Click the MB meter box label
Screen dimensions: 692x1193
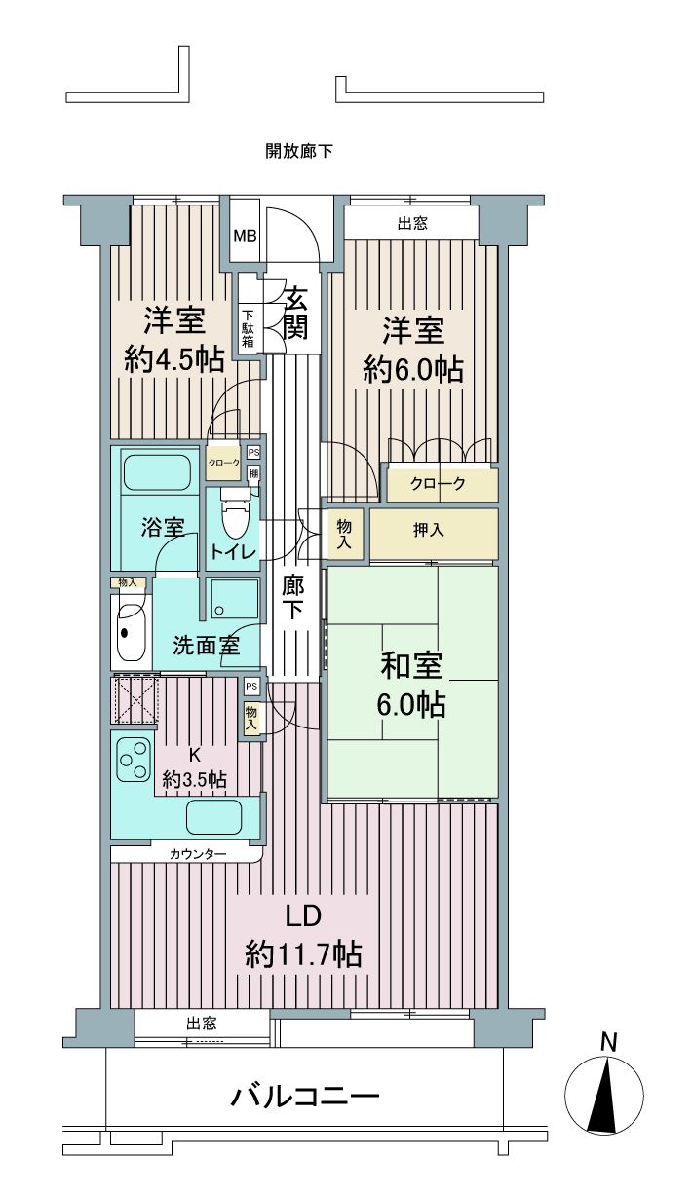[246, 236]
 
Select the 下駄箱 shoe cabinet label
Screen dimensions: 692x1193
[248, 328]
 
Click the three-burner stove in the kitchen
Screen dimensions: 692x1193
[134, 760]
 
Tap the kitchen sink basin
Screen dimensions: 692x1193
[213, 816]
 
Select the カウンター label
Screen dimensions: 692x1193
[198, 855]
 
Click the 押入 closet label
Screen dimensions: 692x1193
[429, 530]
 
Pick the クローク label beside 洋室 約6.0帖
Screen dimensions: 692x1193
[438, 484]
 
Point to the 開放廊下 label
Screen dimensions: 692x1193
[299, 151]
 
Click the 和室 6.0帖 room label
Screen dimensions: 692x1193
[411, 686]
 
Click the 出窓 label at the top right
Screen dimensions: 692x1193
[412, 223]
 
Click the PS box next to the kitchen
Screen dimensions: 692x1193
[251, 687]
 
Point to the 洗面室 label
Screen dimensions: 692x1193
[207, 646]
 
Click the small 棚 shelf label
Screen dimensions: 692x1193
[253, 472]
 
